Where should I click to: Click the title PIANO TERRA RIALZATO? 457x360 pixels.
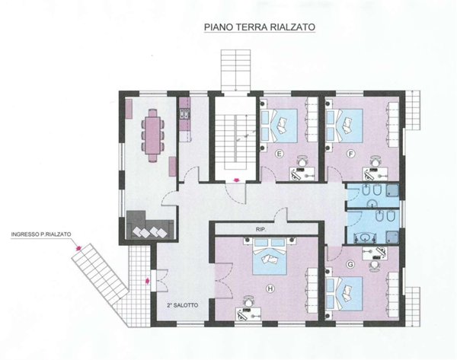click(x=260, y=27)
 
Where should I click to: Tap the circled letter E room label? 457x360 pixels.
click(x=280, y=155)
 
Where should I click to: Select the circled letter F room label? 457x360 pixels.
click(x=350, y=154)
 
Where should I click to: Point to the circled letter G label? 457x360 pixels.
click(x=350, y=264)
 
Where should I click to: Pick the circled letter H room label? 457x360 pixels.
click(x=270, y=288)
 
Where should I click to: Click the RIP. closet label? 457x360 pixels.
click(x=261, y=229)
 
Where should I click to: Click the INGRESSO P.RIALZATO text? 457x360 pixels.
click(x=41, y=234)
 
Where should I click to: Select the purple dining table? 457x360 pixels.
click(x=153, y=135)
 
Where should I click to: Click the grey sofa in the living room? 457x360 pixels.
click(x=150, y=225)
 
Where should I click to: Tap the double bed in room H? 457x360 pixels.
click(x=270, y=256)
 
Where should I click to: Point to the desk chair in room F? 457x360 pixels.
click(x=376, y=161)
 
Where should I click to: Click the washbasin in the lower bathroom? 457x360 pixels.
click(x=363, y=237)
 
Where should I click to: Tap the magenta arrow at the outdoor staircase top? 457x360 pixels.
click(x=78, y=248)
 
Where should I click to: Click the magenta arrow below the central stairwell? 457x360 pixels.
click(x=236, y=180)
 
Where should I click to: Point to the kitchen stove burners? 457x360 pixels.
click(x=185, y=113)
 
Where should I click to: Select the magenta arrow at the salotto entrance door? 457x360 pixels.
click(x=148, y=281)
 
